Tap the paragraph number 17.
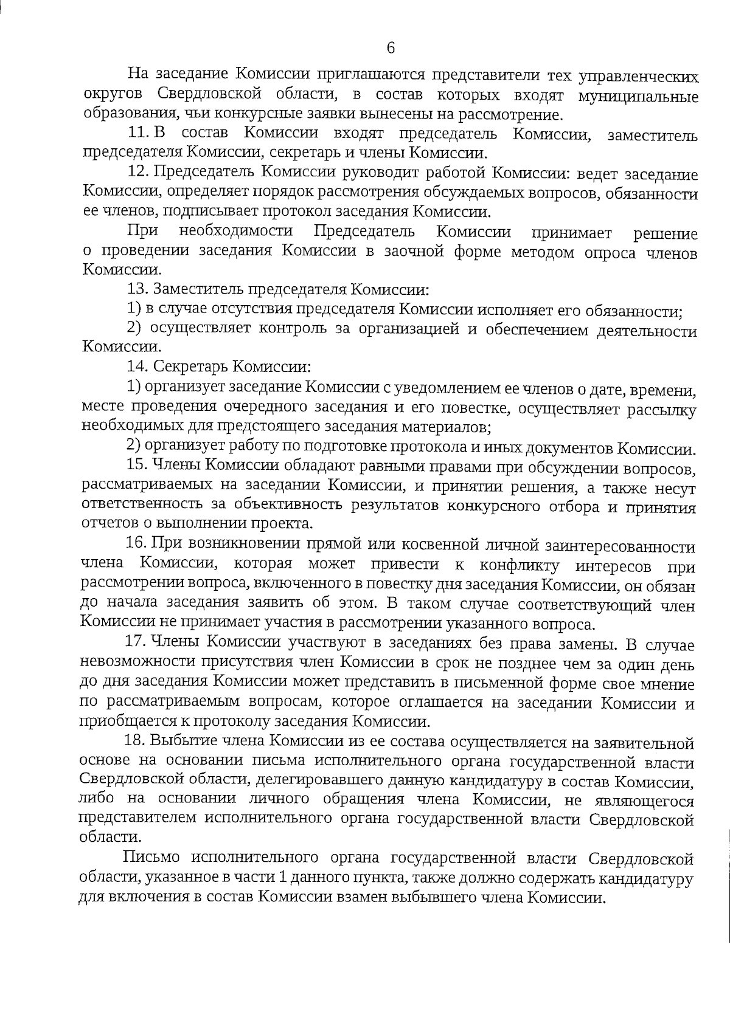pos(135,643)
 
